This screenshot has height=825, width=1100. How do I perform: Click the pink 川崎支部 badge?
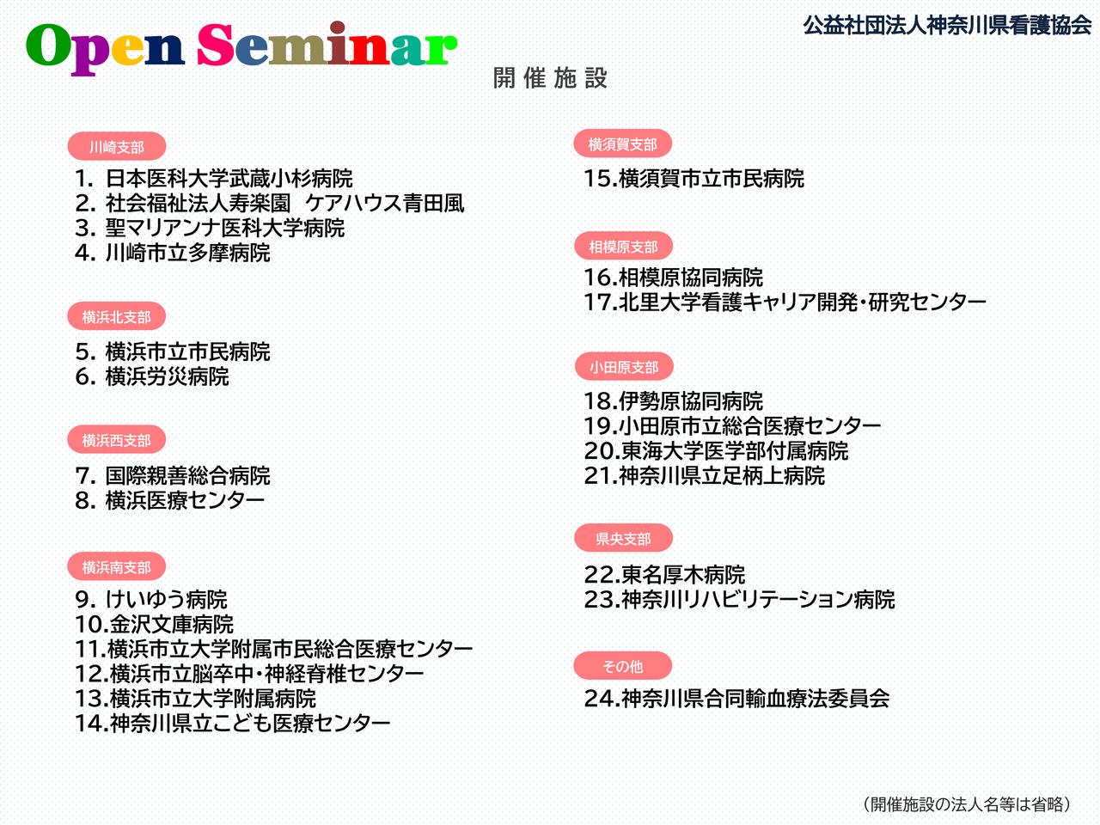[x=117, y=146]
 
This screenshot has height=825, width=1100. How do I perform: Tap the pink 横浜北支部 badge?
[x=117, y=316]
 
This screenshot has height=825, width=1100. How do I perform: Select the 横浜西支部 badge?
[x=117, y=439]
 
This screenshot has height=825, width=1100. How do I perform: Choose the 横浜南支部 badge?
[x=117, y=566]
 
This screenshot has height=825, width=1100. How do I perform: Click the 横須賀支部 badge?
[x=622, y=144]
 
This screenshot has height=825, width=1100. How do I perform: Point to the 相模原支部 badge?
[x=623, y=246]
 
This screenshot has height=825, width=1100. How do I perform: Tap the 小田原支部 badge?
[x=624, y=367]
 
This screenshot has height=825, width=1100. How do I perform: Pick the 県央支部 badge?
[x=623, y=538]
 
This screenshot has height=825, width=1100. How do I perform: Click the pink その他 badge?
[x=622, y=666]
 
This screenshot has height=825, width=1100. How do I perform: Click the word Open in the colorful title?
[x=105, y=46]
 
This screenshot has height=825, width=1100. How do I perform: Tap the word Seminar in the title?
[x=327, y=44]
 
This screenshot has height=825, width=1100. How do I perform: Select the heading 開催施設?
[x=550, y=78]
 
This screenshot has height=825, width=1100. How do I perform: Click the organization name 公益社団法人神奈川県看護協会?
[x=947, y=25]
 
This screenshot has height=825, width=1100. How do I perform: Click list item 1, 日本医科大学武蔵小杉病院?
[x=214, y=179]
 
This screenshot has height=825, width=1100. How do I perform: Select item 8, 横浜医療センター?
[x=170, y=500]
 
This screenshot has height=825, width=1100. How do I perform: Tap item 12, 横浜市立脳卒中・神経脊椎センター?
[x=249, y=674]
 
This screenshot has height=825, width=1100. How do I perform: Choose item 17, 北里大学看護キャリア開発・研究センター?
[x=785, y=302]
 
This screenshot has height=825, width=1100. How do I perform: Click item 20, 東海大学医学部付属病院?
[x=716, y=451]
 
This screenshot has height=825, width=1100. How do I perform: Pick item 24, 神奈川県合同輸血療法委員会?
[x=736, y=699]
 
